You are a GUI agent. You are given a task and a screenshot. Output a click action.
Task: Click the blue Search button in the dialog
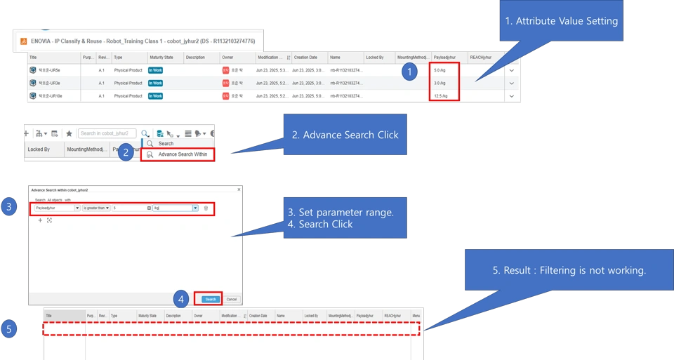click(211, 299)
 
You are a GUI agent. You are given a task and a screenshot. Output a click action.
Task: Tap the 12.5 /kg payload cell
click(441, 95)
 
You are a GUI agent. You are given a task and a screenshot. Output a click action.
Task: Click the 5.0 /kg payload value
click(440, 71)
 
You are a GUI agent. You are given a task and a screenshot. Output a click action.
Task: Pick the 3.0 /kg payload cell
click(440, 83)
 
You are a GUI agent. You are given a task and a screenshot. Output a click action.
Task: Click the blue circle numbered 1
click(409, 72)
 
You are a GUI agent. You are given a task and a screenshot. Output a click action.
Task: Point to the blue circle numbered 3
click(8, 207)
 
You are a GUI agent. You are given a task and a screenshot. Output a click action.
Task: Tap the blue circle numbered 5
click(8, 329)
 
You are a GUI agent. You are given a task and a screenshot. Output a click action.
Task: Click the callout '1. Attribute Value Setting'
click(561, 21)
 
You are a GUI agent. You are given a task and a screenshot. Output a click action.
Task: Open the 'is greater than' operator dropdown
click(97, 208)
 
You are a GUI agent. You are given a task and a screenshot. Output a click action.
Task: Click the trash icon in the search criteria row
click(206, 208)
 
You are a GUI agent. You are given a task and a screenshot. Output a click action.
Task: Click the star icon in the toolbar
click(69, 133)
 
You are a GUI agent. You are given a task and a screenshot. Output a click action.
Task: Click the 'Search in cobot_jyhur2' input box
click(108, 133)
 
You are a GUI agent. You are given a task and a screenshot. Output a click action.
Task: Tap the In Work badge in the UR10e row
click(155, 95)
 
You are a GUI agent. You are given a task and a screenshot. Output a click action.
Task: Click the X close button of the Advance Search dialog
click(239, 189)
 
